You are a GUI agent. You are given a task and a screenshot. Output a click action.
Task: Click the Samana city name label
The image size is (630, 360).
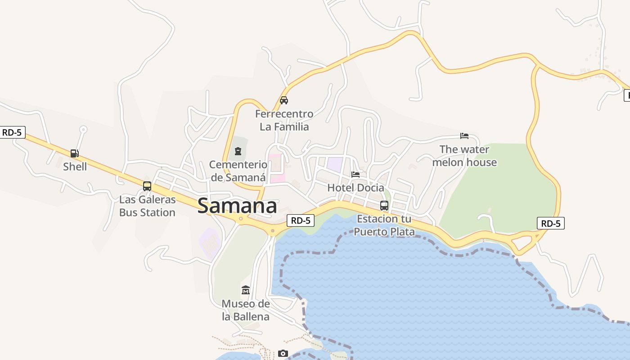[237, 206]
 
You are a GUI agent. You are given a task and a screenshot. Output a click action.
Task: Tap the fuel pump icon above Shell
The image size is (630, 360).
[75, 153]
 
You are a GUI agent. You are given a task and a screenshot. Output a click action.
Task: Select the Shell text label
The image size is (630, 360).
[75, 166]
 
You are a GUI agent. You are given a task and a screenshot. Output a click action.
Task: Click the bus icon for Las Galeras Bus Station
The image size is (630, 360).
[147, 186]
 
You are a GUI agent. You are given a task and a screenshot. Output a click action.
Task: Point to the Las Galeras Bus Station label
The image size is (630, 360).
[147, 206]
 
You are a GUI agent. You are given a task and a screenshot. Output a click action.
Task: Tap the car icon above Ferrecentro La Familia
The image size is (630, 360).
[284, 100]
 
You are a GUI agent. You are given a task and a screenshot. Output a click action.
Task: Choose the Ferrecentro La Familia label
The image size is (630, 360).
[284, 120]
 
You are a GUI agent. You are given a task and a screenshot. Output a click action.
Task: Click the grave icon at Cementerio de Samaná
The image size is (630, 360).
[238, 151]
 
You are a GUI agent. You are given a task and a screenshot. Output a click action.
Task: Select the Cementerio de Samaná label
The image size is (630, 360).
[238, 171]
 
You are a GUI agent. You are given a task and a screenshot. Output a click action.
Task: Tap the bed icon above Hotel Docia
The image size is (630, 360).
[355, 175]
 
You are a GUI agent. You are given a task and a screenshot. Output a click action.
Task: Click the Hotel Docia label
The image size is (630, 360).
[355, 188]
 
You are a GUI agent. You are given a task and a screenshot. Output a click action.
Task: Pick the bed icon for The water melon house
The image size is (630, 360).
[464, 136]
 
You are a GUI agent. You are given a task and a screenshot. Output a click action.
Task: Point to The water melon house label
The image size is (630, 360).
[464, 156]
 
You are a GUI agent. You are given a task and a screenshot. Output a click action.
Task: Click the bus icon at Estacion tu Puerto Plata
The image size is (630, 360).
[384, 206]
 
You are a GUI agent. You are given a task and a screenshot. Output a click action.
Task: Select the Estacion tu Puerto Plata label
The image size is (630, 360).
[384, 225]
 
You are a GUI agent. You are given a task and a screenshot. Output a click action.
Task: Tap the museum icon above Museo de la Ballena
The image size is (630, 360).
[246, 290]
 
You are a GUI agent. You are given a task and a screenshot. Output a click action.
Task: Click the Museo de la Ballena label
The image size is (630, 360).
[246, 310]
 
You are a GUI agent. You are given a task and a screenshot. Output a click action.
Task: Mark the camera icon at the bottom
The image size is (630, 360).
[283, 354]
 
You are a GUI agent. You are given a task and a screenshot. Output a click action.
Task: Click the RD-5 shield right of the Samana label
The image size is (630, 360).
[301, 220]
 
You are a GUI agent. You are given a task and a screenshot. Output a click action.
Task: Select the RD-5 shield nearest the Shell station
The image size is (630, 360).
[12, 132]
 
